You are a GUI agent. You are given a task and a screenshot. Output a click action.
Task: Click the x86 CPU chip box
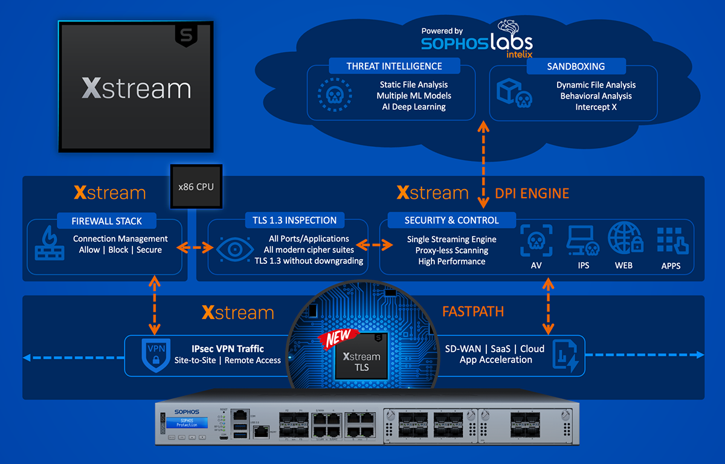click(x=196, y=187)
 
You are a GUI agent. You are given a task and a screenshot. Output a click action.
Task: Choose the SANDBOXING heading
click(x=576, y=66)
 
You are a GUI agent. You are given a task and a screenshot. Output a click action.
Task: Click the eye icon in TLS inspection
click(x=231, y=248)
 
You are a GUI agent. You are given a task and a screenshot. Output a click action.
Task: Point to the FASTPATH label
click(x=472, y=312)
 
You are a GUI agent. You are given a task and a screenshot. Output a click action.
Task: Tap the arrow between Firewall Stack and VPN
click(x=155, y=304)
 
